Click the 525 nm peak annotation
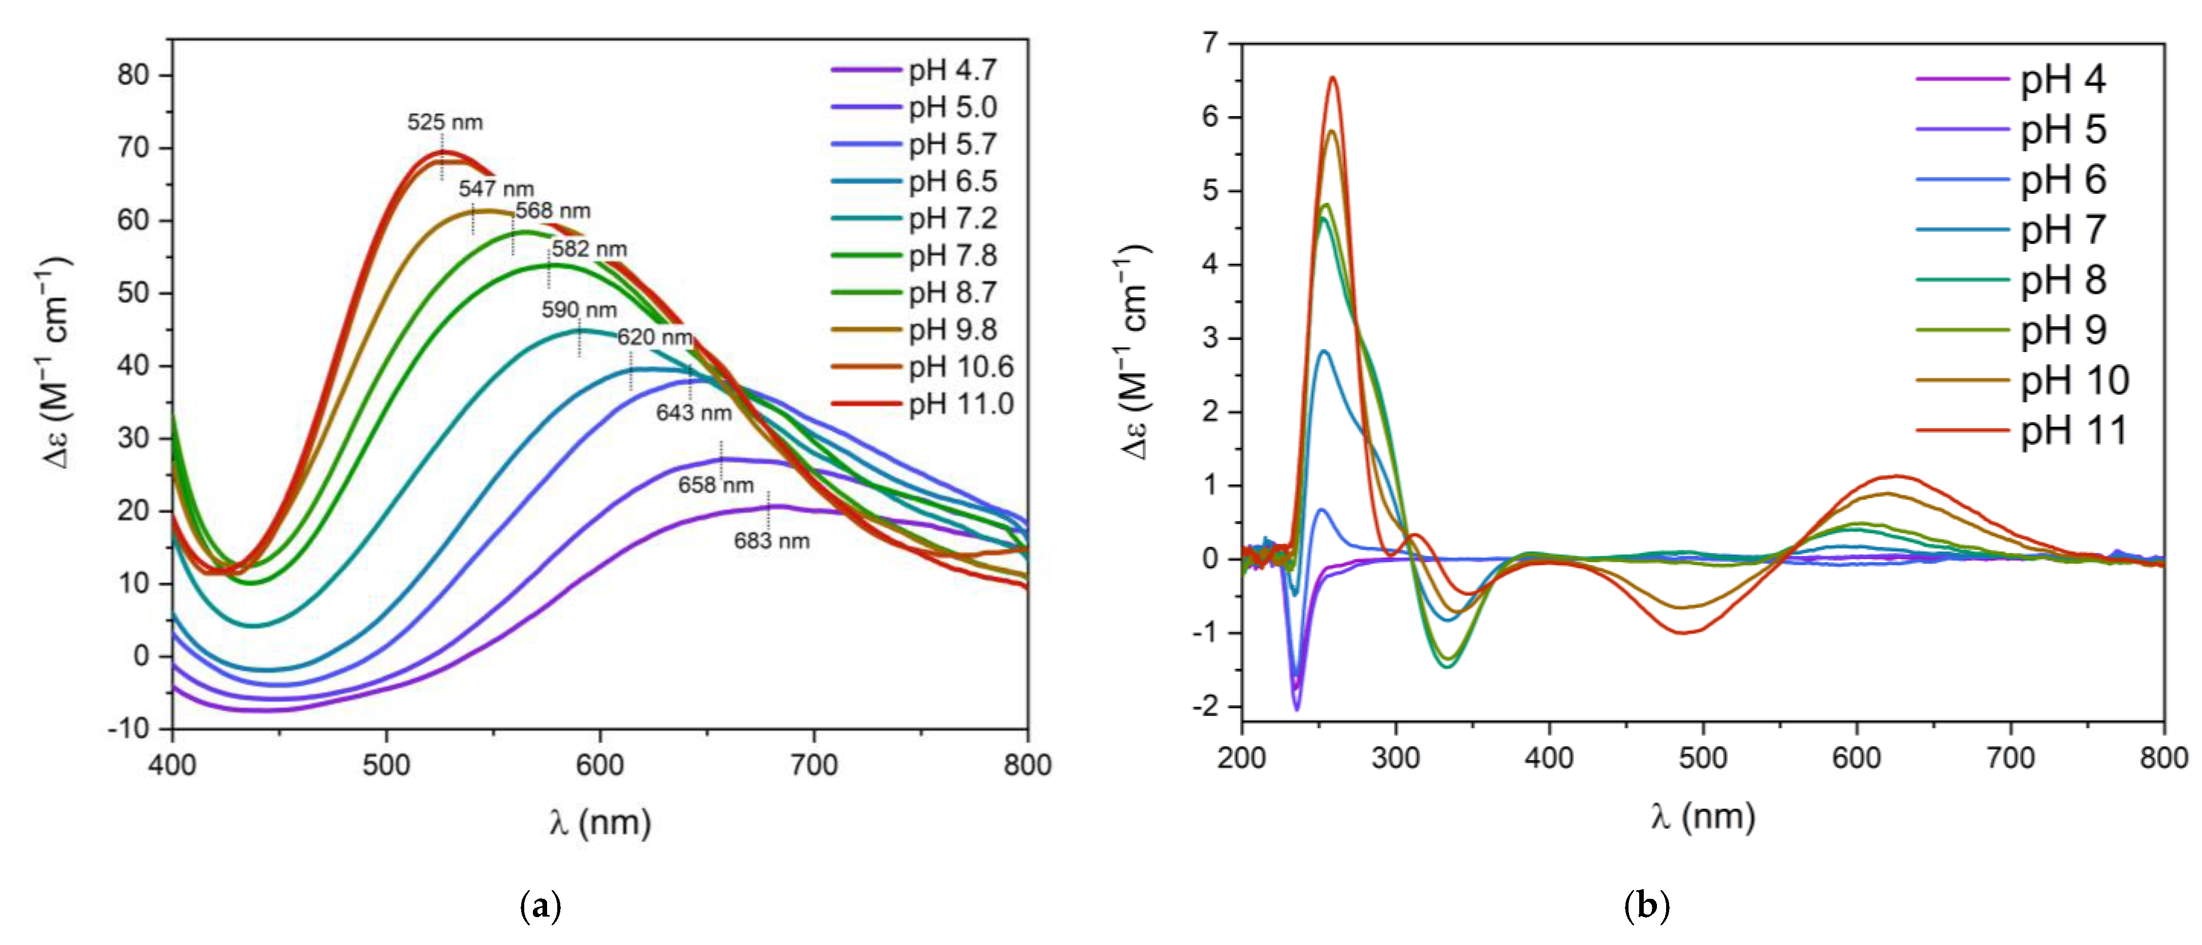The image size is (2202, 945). [445, 122]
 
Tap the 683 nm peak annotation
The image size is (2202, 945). [771, 541]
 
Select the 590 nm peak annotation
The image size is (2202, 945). [579, 309]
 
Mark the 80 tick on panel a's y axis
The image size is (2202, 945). [133, 75]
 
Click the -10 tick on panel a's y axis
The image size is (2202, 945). [128, 729]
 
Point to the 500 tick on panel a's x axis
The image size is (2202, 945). [386, 765]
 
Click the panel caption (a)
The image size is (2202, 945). [540, 906]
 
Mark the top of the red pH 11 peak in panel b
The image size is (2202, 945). [1332, 78]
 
